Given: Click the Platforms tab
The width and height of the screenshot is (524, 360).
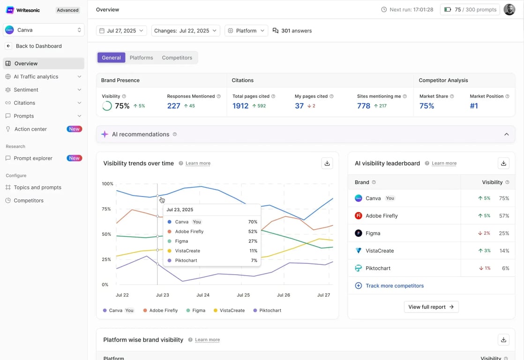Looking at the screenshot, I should pyautogui.click(x=141, y=58).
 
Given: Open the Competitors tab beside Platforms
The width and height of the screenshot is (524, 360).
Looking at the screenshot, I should pyautogui.click(x=177, y=58).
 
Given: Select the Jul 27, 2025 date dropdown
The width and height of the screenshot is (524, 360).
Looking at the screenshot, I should pyautogui.click(x=121, y=30).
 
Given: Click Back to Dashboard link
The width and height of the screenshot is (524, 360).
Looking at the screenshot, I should pyautogui.click(x=38, y=46).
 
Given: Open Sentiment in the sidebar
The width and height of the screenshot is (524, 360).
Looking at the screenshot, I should pyautogui.click(x=26, y=90).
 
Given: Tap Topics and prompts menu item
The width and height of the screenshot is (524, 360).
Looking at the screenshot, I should pyautogui.click(x=37, y=187).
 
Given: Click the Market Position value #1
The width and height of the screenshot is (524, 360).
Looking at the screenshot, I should pyautogui.click(x=474, y=106).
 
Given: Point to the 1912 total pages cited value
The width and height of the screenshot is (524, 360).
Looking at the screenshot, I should pyautogui.click(x=240, y=106).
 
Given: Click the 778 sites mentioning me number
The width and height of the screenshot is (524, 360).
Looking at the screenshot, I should pyautogui.click(x=364, y=106).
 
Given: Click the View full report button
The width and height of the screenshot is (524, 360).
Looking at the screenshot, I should pyautogui.click(x=431, y=307).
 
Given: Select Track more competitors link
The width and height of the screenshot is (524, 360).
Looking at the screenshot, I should pyautogui.click(x=394, y=285).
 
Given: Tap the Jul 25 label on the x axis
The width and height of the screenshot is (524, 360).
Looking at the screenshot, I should pyautogui.click(x=243, y=295).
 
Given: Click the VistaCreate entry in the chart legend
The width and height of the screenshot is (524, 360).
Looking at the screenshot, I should pyautogui.click(x=232, y=310).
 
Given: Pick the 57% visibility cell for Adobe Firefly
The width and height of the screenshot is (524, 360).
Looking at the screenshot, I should pyautogui.click(x=504, y=216).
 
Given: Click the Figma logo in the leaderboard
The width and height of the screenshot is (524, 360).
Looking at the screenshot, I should pyautogui.click(x=359, y=233).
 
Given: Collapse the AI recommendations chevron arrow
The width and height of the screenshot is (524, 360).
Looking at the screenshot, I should pyautogui.click(x=506, y=135).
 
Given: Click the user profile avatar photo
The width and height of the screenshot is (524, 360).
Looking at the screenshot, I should pyautogui.click(x=509, y=9).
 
